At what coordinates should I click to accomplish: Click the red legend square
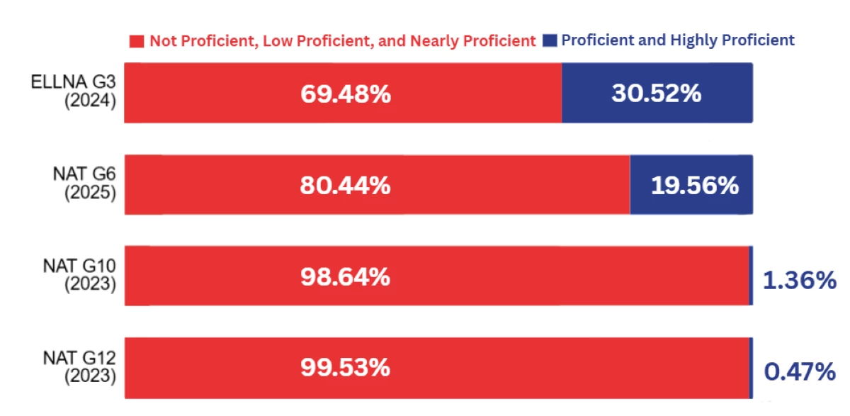(137, 41)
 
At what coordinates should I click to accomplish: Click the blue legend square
(550, 40)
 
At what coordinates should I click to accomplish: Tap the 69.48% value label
(346, 94)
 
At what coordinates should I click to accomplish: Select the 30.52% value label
(657, 93)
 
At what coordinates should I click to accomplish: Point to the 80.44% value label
(345, 186)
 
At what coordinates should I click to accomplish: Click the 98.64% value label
(345, 277)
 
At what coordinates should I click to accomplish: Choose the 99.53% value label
(345, 369)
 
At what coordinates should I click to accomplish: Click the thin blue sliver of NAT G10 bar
(751, 276)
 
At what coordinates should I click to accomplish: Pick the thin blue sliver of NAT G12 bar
(751, 368)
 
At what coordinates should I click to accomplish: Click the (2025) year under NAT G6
(90, 193)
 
